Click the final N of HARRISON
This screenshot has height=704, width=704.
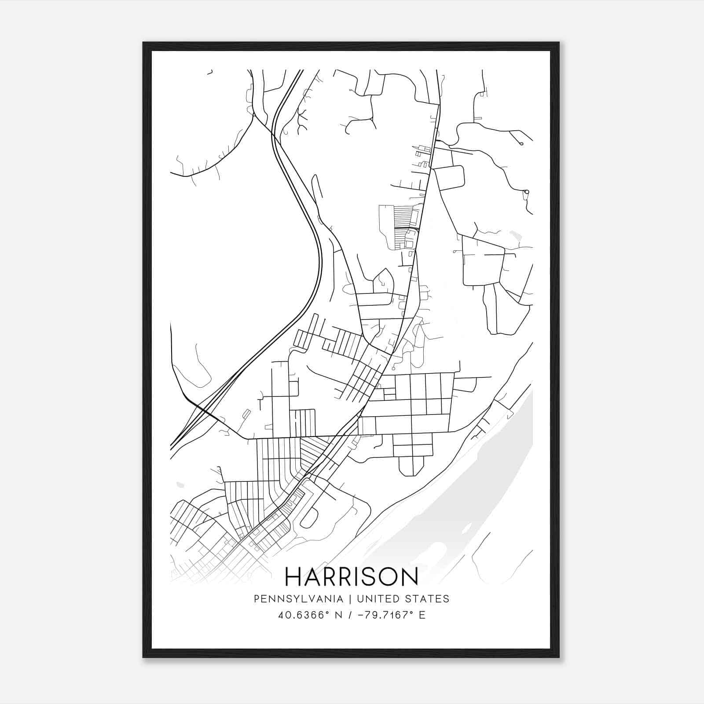pos(409,576)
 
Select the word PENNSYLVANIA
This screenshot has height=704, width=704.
pos(298,599)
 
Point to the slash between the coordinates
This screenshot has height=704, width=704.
pos(350,615)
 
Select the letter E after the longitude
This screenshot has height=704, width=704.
pos(422,615)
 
